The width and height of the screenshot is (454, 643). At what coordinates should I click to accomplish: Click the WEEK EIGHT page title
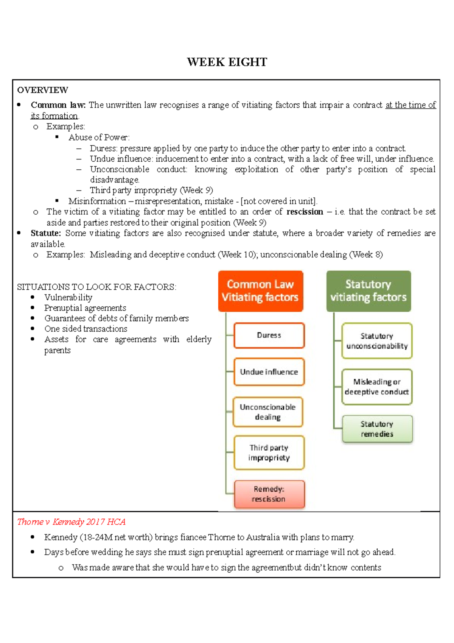pos(227,62)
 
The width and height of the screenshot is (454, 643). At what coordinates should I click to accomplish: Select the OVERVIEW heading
pos(42,90)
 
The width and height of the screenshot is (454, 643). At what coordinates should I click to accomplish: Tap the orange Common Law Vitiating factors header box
pos(260,291)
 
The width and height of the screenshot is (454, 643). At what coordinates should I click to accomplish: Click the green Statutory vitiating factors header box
pos(368,291)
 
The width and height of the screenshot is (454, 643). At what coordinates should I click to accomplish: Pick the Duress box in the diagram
pos(269,335)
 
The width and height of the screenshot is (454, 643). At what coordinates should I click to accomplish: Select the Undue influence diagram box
pos(269,372)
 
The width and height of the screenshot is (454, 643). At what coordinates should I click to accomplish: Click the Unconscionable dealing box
pos(268,412)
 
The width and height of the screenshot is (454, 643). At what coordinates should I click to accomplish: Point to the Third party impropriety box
pos(269,453)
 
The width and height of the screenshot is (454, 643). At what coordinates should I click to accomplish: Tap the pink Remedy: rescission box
pos(269,494)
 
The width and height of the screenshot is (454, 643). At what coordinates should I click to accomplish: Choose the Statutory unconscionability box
pos(377,341)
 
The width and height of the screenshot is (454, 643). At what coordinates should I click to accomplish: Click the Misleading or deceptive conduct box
pos(377,387)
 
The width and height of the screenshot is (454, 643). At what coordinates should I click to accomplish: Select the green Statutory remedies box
pos(377,429)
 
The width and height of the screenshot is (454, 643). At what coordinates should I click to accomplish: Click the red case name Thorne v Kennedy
pos(71,522)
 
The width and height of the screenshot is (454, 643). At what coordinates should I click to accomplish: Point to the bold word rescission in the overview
pos(305,212)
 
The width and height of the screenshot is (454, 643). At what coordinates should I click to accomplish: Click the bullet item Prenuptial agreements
pos(85,308)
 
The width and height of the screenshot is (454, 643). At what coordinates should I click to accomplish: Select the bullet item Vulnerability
pos(68,297)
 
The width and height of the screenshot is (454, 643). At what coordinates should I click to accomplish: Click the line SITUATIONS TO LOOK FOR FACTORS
pos(96,287)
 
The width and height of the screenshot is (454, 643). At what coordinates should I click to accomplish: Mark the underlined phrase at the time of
pos(410,105)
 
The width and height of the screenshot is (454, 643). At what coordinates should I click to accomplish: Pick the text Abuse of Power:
pos(99,137)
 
